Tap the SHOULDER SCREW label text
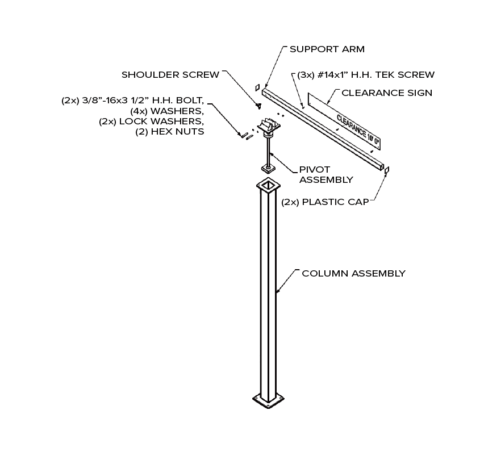pos(170,75)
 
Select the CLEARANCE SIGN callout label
pos(387,93)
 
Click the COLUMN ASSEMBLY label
pos(353,273)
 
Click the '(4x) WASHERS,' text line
pos(167,111)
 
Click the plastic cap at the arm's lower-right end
pos(387,170)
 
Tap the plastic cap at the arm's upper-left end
pos(257,87)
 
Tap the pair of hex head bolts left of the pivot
pos(245,136)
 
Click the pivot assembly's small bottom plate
pos(267,168)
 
